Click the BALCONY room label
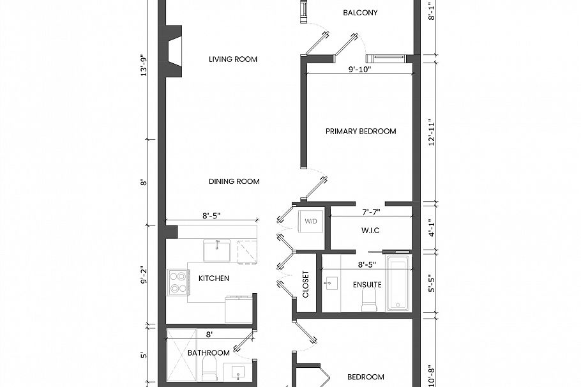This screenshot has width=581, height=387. [x=360, y=13]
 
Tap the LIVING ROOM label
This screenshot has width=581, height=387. [x=233, y=59]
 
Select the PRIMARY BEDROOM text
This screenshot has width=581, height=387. [x=361, y=132]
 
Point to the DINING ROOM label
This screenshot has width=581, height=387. [x=234, y=181]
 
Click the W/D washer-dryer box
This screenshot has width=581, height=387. [x=311, y=221]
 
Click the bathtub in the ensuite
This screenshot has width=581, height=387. [x=399, y=284]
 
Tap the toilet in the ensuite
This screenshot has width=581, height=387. [x=368, y=299]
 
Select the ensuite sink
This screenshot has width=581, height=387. [x=332, y=284]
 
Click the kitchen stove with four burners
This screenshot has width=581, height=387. [x=177, y=282]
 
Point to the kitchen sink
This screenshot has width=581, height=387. [x=216, y=250]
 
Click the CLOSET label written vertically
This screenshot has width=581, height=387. [x=306, y=284]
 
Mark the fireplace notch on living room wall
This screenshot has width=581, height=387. [x=174, y=51]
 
